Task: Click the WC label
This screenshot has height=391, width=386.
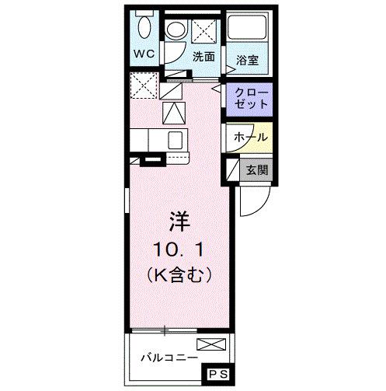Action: tap(145, 54)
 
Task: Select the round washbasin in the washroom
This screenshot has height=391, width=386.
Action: tap(176, 32)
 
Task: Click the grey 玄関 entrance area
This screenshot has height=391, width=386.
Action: tap(256, 168)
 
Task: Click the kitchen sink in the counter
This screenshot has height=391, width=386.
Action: tap(176, 141)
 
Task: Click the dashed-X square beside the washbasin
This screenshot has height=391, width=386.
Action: tap(203, 32)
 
